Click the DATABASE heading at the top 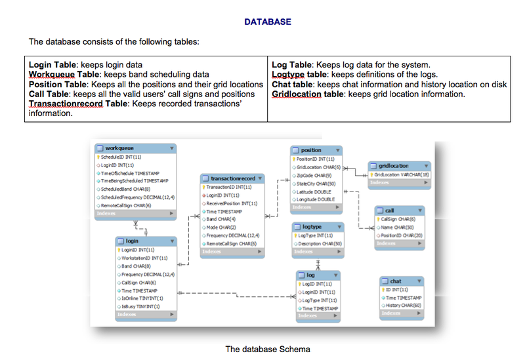click(267, 22)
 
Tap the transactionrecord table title click(233, 178)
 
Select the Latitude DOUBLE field click(314, 191)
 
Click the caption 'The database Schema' click(267, 349)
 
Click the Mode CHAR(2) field click(223, 227)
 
